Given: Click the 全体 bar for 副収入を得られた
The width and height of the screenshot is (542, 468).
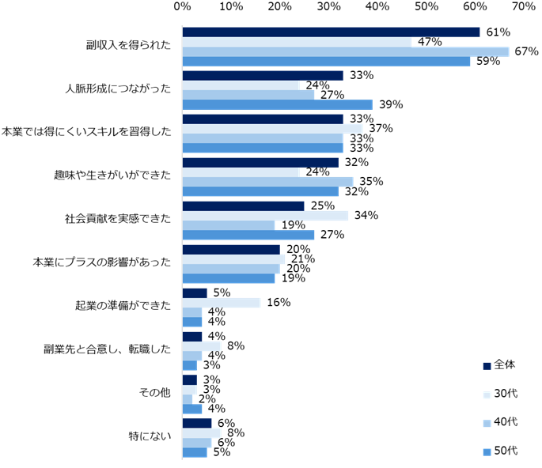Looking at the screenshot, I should click(331, 32).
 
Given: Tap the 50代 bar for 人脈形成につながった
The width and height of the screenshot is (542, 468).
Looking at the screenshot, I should click(277, 104).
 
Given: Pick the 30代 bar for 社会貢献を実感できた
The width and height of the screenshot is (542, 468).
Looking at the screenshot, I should click(265, 216).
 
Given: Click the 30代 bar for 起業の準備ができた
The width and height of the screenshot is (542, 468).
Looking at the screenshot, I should click(221, 302).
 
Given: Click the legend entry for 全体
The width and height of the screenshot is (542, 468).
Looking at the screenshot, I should click(499, 365).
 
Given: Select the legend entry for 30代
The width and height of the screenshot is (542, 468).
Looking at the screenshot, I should click(499, 394).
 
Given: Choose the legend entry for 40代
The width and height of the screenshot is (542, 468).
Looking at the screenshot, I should click(499, 422).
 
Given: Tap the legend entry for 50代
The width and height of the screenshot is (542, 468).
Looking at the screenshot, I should click(499, 451).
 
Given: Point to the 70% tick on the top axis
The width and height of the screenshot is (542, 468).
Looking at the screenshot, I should click(524, 7).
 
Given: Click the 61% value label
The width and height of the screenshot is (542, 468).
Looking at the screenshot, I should click(498, 32).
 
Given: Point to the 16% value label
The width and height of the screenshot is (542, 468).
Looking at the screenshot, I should click(278, 302).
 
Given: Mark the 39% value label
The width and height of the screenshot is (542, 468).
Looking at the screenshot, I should click(391, 104).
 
